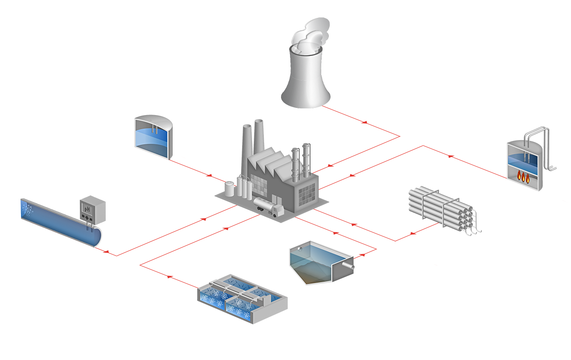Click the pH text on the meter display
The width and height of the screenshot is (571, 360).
tap(87, 208)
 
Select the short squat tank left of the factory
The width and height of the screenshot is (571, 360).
tap(230, 189)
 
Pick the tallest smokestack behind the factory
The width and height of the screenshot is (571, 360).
tap(258, 138)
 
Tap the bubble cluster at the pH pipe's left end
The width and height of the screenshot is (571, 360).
tap(27, 208)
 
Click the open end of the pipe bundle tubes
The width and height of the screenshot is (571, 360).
tap(466, 219)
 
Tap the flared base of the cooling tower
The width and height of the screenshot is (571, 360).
tap(306, 96)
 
